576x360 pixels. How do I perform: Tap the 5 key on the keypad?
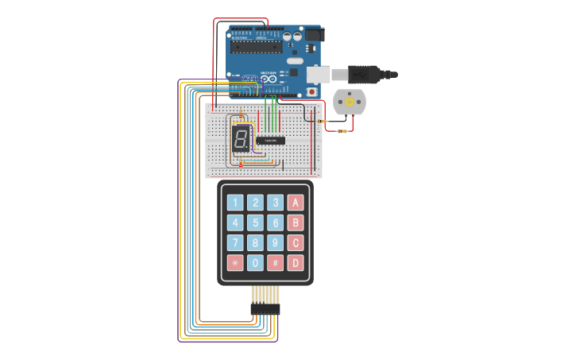(255, 223)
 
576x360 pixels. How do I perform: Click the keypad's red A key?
(296, 203)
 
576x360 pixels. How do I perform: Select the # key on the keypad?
(275, 263)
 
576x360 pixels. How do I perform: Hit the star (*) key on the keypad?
(235, 263)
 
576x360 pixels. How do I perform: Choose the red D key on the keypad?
(296, 263)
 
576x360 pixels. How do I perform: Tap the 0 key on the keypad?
(255, 263)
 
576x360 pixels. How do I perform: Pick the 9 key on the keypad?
(275, 242)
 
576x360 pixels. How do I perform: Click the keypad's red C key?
(296, 242)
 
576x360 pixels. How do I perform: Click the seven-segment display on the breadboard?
(241, 139)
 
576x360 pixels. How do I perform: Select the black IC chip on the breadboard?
(271, 141)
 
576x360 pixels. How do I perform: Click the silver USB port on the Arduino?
(318, 74)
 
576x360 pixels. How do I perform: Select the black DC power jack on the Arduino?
(315, 36)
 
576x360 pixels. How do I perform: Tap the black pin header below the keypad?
(265, 309)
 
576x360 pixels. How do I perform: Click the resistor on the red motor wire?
(343, 130)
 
